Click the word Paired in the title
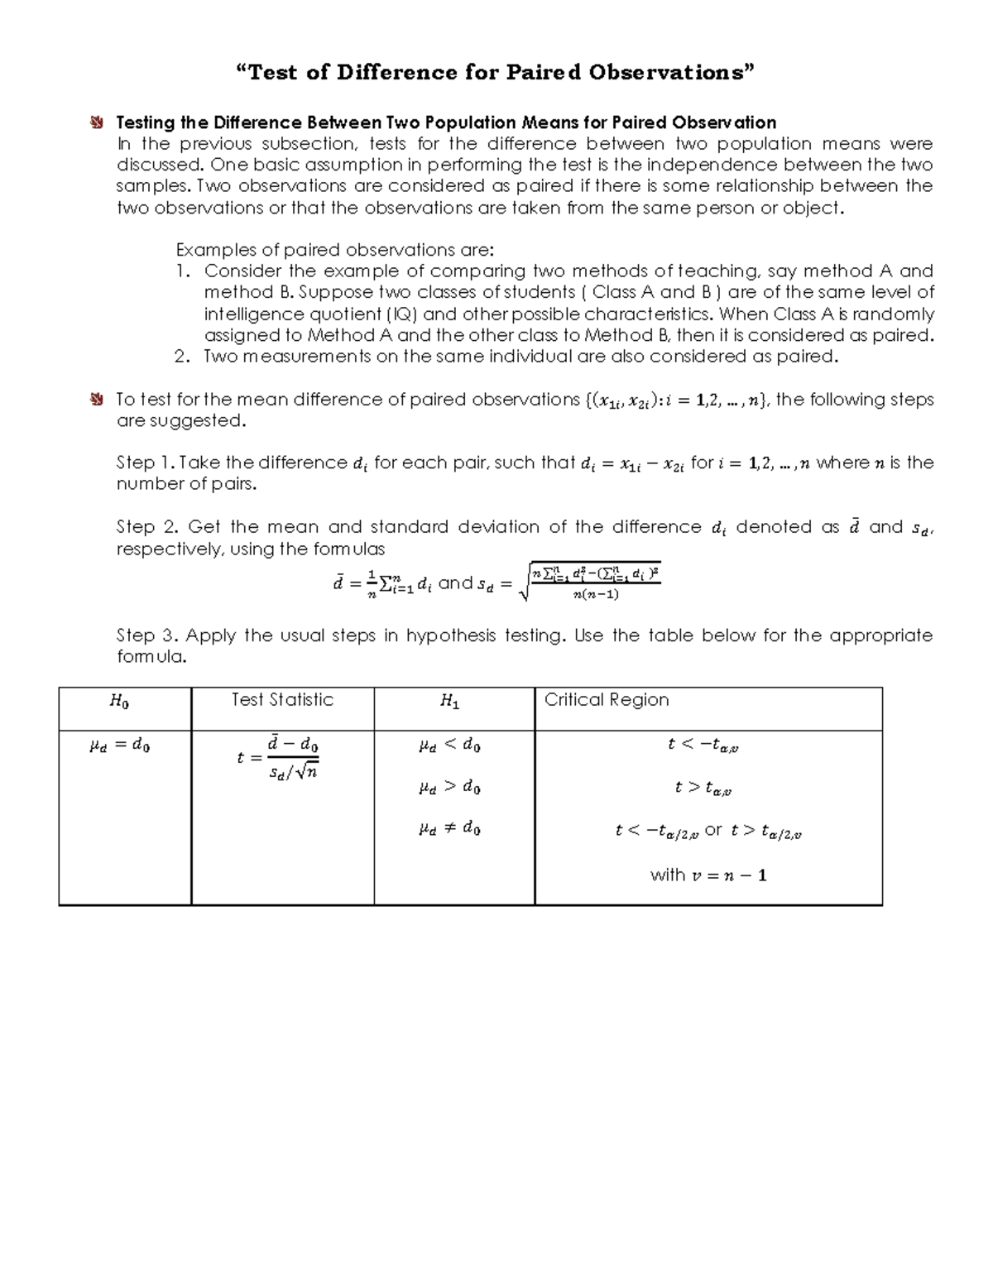click(543, 73)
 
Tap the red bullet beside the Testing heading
click(98, 123)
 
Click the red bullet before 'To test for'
click(98, 400)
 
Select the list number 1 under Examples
click(183, 271)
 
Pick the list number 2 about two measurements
click(183, 357)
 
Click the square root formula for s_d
click(590, 583)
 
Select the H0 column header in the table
click(119, 702)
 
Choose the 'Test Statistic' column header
click(282, 700)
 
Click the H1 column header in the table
click(449, 702)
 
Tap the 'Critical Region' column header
click(606, 700)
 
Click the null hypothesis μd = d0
click(119, 746)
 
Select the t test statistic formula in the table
click(278, 757)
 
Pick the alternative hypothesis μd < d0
click(449, 746)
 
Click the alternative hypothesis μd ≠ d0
click(449, 827)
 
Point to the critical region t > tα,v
click(703, 788)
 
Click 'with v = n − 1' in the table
click(708, 875)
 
